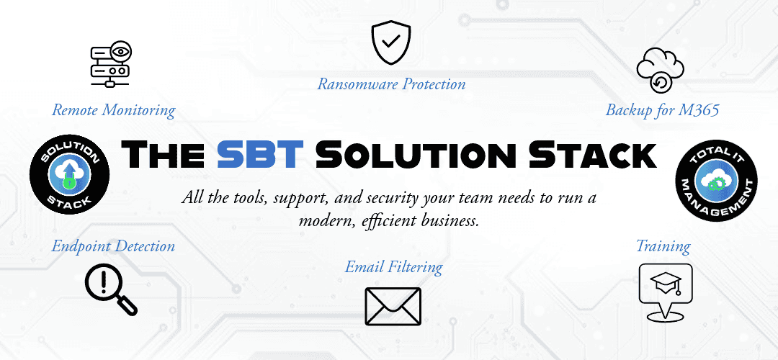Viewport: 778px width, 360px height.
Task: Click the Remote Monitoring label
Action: pos(114,110)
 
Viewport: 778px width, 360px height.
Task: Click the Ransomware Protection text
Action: pos(391,84)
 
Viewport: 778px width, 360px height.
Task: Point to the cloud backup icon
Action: pos(661,69)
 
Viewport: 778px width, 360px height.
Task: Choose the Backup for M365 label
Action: pos(663,110)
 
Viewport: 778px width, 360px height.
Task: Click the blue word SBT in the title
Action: pos(260,154)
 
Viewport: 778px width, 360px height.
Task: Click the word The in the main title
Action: pos(164,154)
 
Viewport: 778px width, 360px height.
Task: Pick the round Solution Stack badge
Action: pos(69,175)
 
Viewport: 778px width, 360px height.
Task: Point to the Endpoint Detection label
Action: pos(113,246)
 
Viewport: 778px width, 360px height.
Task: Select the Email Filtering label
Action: pos(393,267)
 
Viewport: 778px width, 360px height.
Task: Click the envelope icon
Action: pos(393,307)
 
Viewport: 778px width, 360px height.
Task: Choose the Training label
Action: pos(663,246)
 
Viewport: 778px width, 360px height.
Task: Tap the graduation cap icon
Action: pos(665,292)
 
